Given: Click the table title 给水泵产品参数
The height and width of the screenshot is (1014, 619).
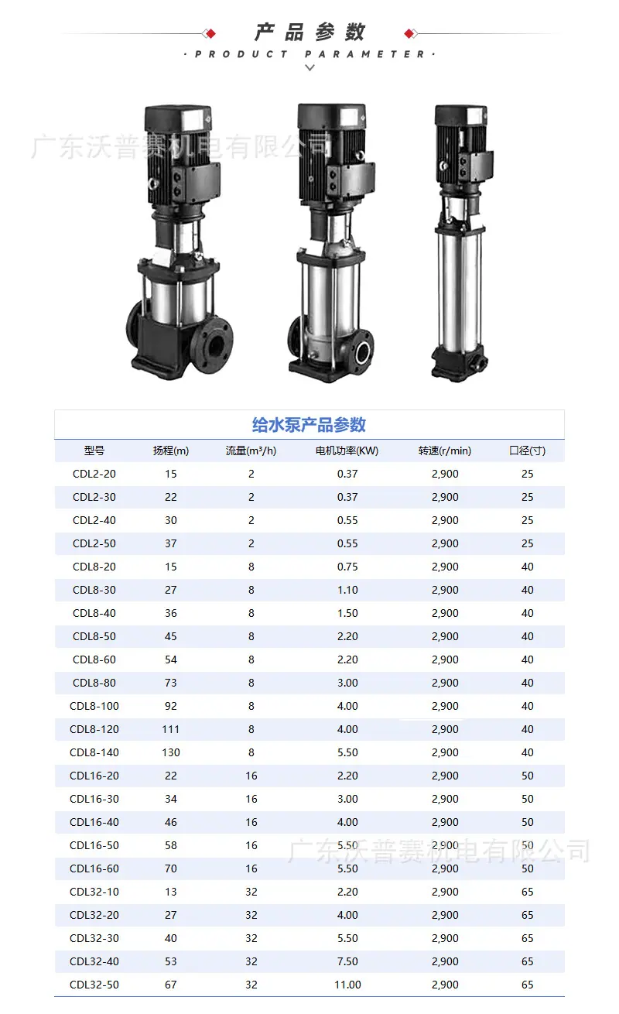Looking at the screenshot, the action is point(309,425).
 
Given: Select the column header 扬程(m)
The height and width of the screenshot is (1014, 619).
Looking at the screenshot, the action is point(170,450).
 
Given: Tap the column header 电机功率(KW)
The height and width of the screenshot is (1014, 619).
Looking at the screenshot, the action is point(347,450).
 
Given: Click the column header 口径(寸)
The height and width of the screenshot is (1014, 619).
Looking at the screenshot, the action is point(527,450).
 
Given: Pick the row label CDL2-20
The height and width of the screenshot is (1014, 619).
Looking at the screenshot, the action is point(94,474).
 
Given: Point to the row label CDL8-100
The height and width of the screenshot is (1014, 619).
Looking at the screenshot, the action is point(94,706).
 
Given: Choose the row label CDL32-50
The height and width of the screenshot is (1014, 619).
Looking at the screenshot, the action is point(94,985).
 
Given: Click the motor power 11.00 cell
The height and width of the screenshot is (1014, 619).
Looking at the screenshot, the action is point(347,985).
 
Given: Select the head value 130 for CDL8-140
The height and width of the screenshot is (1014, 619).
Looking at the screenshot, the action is point(171,752).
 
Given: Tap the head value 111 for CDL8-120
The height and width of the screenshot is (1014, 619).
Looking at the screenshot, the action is point(170,729).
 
